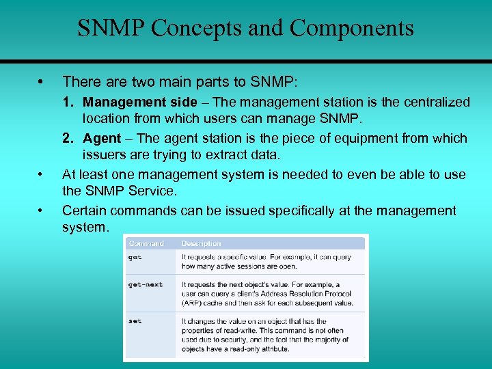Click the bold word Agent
(x=102, y=138)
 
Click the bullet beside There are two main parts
(x=42, y=82)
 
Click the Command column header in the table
(x=146, y=243)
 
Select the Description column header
(x=201, y=243)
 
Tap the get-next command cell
(x=146, y=284)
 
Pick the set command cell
(x=135, y=321)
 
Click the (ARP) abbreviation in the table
(x=192, y=303)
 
